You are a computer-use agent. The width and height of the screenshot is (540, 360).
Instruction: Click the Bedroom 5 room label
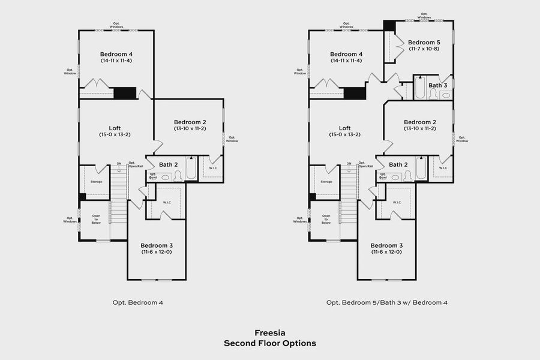tap(424, 43)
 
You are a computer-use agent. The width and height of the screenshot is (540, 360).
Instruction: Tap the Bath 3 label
tap(437, 85)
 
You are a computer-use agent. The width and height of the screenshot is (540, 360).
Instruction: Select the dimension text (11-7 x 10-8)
tap(424, 49)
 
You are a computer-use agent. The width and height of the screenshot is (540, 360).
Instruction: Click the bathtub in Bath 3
tap(420, 89)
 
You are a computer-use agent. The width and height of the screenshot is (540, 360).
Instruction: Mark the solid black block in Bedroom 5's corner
tap(389, 26)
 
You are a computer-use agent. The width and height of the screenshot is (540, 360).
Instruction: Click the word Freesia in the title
tap(269, 332)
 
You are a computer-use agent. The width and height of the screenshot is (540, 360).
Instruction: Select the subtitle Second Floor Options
tap(269, 343)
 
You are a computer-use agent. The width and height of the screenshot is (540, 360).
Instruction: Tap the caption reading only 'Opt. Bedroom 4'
tap(137, 302)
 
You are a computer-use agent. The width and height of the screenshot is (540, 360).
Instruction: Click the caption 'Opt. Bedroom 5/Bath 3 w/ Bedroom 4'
tap(387, 302)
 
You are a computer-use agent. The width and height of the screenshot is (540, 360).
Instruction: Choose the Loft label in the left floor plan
tap(115, 128)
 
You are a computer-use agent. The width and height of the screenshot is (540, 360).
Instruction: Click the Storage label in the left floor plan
tap(97, 181)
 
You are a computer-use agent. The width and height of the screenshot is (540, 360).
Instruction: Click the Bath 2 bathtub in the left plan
tap(191, 168)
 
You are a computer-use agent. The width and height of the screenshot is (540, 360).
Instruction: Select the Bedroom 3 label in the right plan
tap(387, 245)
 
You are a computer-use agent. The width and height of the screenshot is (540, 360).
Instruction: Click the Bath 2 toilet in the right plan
tap(408, 176)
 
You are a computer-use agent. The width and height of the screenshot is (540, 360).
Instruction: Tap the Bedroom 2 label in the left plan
tap(190, 122)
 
